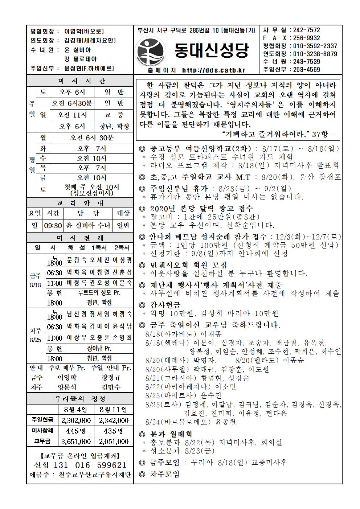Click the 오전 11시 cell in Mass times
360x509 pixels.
pyautogui.click(x=72, y=115)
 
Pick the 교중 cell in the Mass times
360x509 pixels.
pyautogui.click(x=114, y=115)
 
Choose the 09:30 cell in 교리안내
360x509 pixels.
pyautogui.click(x=53, y=226)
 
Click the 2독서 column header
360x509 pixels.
pyautogui.click(x=122, y=248)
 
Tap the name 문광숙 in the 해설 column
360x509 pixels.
pyautogui.click(x=77, y=260)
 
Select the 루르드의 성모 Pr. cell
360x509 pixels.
pyautogui.click(x=99, y=293)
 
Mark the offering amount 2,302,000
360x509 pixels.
pyautogui.click(x=76, y=420)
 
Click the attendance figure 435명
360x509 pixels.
pyautogui.click(x=113, y=431)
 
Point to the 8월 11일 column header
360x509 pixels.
pyautogui.click(x=113, y=410)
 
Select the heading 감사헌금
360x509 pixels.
pyautogui.click(x=165, y=305)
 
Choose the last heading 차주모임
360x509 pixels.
pyautogui.click(x=165, y=474)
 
